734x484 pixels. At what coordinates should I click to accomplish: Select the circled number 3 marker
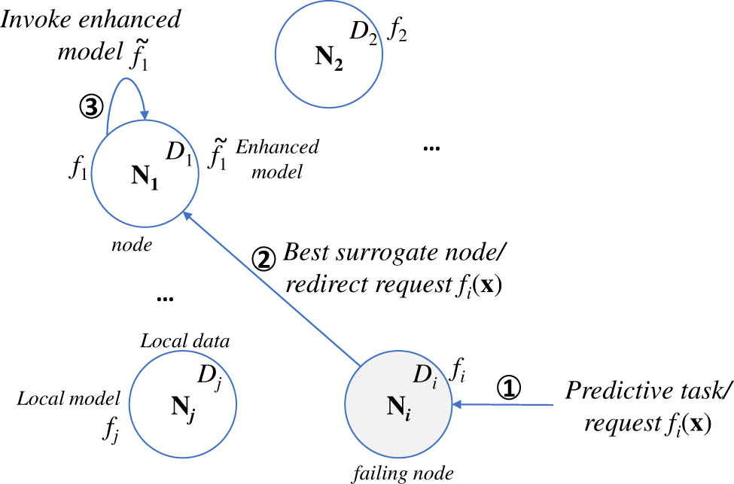pyautogui.click(x=90, y=108)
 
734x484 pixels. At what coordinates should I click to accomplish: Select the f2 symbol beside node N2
pyautogui.click(x=397, y=32)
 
